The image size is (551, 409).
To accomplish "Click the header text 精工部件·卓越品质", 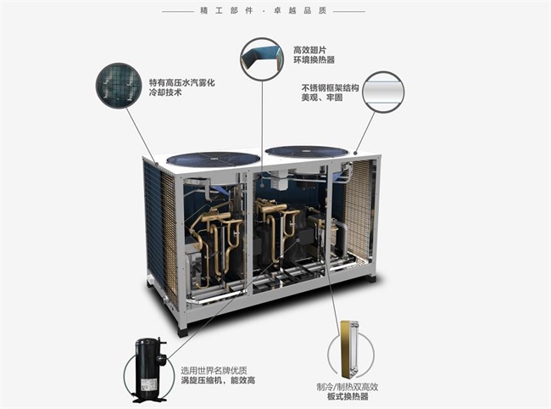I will point(275,11).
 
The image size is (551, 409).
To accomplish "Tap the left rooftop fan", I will point(213,159).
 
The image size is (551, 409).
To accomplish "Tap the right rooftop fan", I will point(306,151).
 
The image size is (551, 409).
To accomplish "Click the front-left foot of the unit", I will point(182,330).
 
